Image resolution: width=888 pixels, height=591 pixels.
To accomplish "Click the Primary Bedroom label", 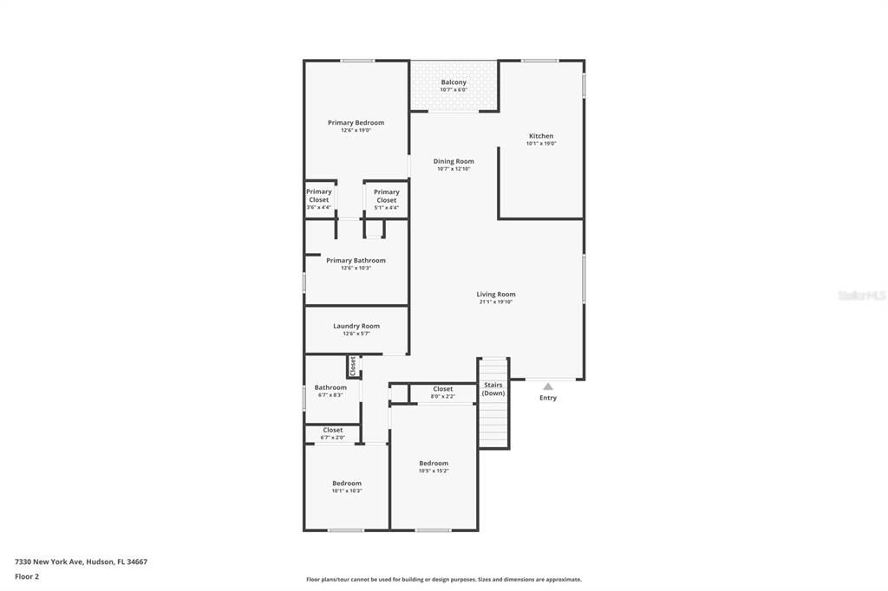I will pos(356,123).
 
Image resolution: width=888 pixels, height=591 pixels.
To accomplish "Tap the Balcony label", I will pos(453,82).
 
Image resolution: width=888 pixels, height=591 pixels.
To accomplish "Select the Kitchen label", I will pos(541,136).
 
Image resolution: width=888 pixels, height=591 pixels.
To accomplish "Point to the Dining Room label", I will pos(454,161).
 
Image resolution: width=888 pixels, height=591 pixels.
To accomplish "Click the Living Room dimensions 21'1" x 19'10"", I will pos(496,302).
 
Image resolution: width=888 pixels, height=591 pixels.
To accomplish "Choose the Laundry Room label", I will pos(356,327).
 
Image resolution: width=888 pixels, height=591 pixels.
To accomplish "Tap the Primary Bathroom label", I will pos(356,261).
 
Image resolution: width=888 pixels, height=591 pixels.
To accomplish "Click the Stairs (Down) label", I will pos(493,389).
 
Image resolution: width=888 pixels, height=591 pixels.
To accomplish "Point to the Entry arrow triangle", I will pos(548,386).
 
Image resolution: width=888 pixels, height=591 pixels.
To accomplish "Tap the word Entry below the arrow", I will pos(548,398).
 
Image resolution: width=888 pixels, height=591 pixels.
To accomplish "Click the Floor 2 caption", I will pos(27,576).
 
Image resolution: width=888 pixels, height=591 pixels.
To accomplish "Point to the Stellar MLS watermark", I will pos(861,295).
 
